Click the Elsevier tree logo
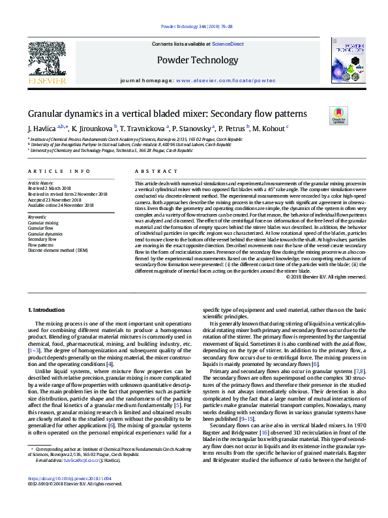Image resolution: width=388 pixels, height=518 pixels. pos(46,62)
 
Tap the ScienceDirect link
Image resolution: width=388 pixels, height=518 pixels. pos(228,44)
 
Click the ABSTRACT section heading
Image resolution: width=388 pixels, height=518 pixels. pos(147,171)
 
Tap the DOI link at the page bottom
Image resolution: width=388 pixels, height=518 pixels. pos(65,497)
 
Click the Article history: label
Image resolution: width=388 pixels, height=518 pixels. pos(40,183)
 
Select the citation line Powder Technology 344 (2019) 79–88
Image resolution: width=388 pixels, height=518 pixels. pos(194,27)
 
